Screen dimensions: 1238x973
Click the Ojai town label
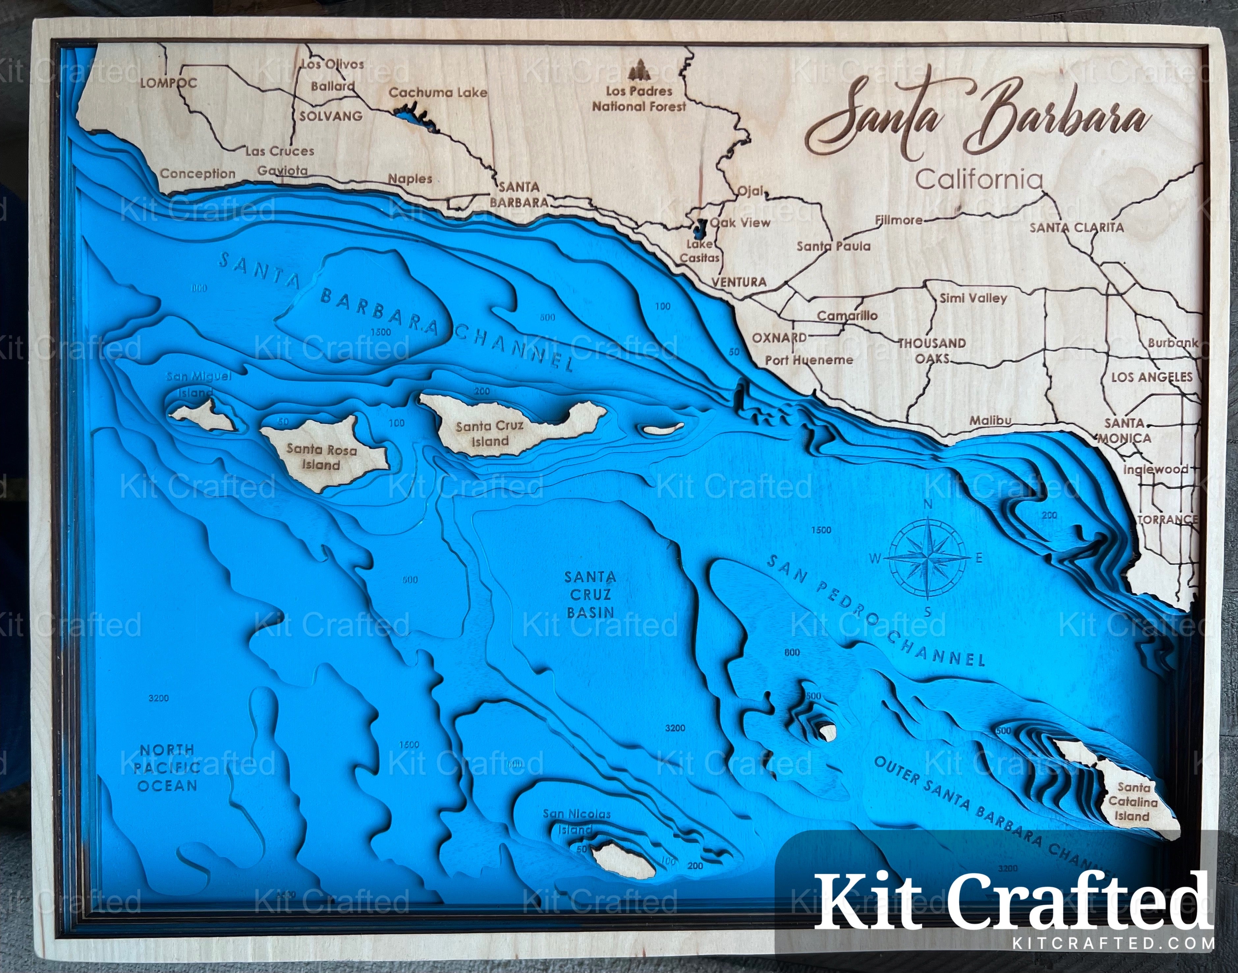click(751, 191)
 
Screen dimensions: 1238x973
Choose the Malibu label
click(990, 420)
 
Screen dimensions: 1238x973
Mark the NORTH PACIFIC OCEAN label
click(167, 767)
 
